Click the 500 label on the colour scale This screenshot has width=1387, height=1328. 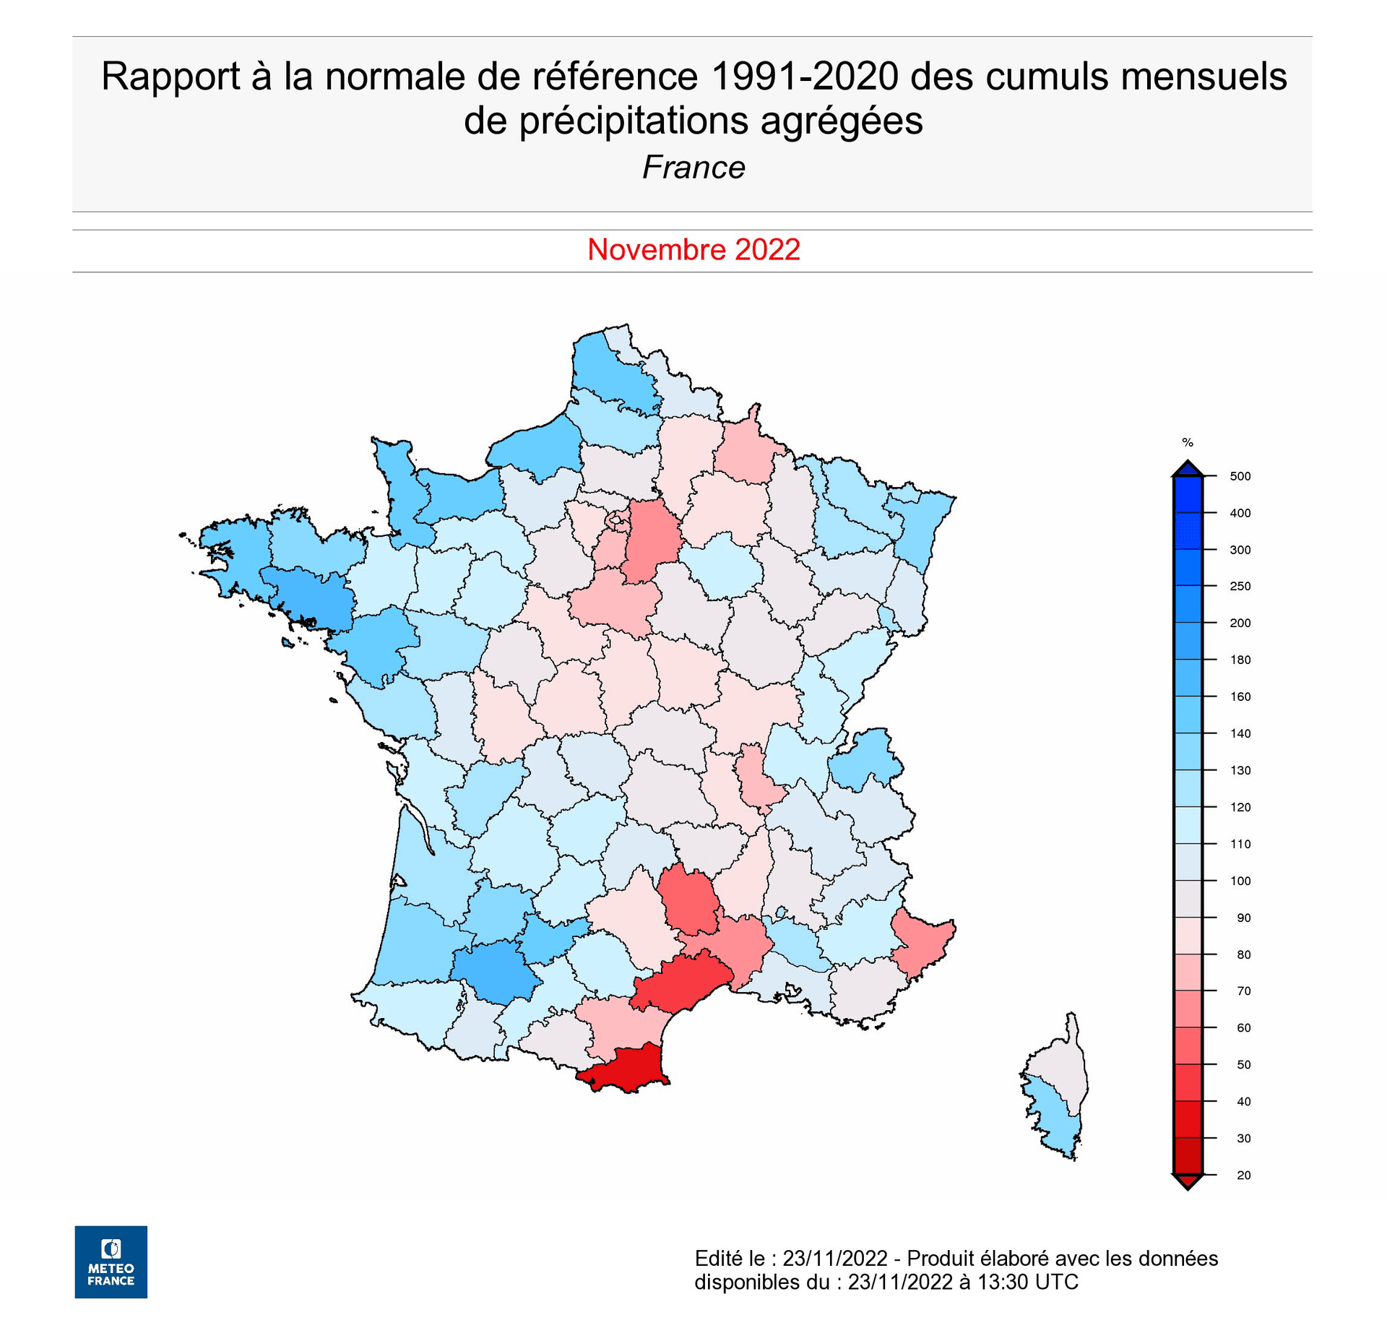[x=1240, y=476]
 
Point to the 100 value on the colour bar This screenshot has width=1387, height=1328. [x=1240, y=881]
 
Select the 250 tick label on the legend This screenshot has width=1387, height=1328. [x=1240, y=586]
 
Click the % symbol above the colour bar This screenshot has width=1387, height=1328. [x=1187, y=442]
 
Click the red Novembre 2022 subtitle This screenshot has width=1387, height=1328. [x=693, y=250]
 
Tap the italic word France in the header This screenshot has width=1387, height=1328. [x=693, y=168]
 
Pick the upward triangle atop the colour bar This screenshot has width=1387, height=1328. [x=1187, y=468]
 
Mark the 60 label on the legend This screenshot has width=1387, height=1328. [x=1243, y=1027]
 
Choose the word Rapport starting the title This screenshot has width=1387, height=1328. [x=170, y=77]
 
